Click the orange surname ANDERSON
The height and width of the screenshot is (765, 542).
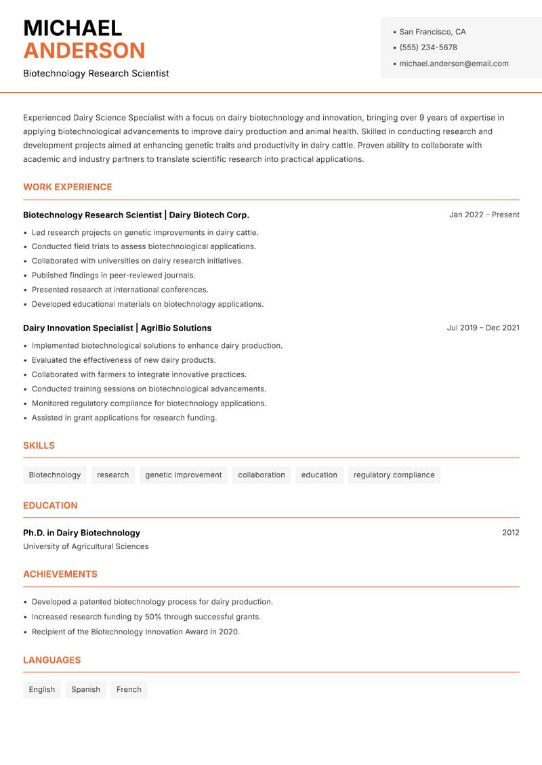(x=84, y=51)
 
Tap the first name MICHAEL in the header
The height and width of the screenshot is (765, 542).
(x=72, y=28)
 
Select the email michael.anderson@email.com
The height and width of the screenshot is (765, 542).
(x=453, y=64)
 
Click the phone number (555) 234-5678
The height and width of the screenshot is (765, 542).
(x=428, y=47)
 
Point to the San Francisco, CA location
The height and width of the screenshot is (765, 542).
(x=432, y=32)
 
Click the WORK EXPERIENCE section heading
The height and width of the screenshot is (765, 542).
(x=68, y=187)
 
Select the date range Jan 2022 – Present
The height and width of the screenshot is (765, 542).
(x=484, y=215)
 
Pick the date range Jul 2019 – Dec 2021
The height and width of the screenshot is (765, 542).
(x=482, y=328)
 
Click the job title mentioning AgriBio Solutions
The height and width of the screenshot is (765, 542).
(x=117, y=328)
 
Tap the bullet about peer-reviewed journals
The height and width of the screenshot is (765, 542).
(x=113, y=276)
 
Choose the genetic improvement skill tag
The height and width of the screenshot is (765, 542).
(x=183, y=475)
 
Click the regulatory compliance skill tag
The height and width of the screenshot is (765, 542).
(x=394, y=475)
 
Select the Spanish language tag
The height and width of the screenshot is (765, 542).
(x=85, y=689)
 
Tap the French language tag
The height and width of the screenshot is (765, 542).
(x=129, y=689)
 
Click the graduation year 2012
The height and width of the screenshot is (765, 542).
(x=510, y=533)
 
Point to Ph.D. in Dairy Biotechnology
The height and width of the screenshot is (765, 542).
(x=81, y=533)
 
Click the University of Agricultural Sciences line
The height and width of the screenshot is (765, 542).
(x=86, y=546)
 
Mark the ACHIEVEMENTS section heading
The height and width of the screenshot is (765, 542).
(x=60, y=574)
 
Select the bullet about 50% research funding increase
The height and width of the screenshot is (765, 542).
(x=146, y=617)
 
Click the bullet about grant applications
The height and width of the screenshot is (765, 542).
(x=124, y=418)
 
